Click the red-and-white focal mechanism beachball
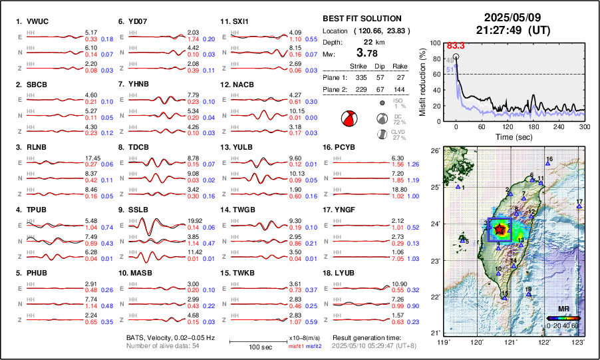point(350,119)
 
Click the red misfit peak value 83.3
point(456,45)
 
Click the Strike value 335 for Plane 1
point(358,77)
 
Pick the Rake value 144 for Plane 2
point(400,89)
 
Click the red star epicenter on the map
point(499,228)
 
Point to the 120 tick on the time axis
point(508,126)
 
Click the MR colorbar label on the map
point(563,309)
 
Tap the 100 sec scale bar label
point(259,347)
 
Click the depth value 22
point(360,41)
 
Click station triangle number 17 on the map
point(579,207)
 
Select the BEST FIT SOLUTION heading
point(362,19)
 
